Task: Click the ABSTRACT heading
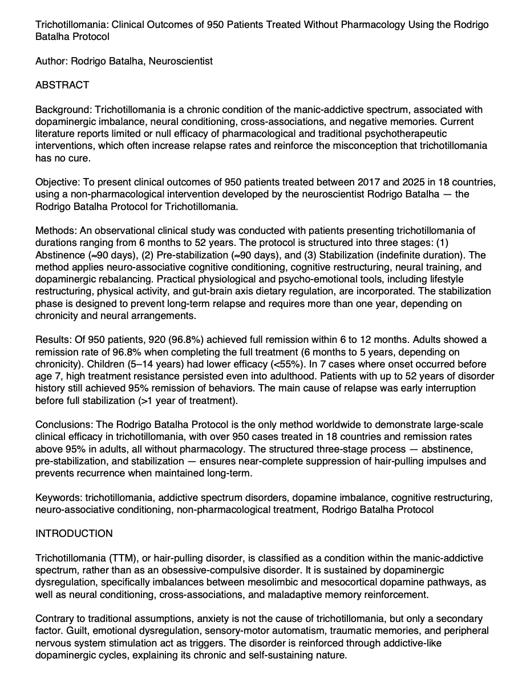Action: pos(62,86)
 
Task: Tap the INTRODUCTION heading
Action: pos(74,534)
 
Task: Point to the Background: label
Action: pos(64,110)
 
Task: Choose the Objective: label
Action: pos(59,183)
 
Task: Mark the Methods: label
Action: pos(56,231)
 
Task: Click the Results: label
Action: pos(55,340)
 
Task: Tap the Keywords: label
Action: pos(59,498)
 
